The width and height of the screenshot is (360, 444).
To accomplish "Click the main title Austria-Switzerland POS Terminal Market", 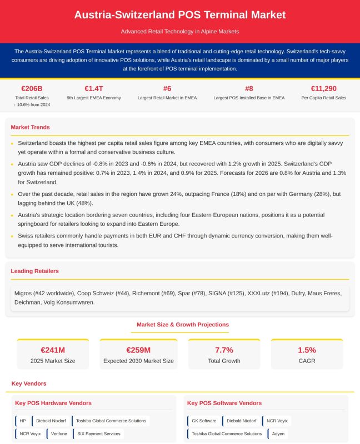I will (180, 15).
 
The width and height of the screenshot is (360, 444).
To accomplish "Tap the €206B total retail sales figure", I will (32, 88).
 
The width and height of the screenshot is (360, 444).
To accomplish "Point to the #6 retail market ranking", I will (167, 88).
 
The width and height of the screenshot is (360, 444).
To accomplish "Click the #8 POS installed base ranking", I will (249, 88).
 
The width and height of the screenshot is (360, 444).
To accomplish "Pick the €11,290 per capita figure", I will (323, 88).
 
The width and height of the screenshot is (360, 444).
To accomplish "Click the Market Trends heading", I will (30, 128).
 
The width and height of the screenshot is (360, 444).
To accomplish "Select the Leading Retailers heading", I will (34, 271).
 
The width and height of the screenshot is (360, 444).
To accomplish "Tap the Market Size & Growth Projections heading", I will (183, 325).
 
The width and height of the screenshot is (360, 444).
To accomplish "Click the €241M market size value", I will (53, 350).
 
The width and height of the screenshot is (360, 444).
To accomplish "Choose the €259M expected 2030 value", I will (138, 350).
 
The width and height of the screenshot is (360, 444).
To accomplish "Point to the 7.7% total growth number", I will (224, 350).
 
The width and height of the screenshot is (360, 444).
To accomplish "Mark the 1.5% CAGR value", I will (307, 350).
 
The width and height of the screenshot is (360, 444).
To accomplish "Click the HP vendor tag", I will (23, 421).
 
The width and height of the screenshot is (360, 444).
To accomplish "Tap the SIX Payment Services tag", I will (98, 433).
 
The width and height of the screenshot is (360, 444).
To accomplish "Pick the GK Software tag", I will (204, 421).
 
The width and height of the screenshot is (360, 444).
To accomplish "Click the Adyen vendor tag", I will (278, 433).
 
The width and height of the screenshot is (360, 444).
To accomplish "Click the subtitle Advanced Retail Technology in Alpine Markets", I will (180, 32).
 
